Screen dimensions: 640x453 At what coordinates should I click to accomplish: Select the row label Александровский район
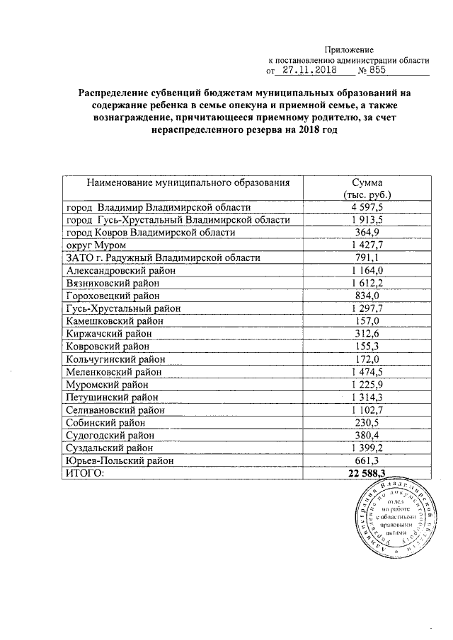click(120, 270)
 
